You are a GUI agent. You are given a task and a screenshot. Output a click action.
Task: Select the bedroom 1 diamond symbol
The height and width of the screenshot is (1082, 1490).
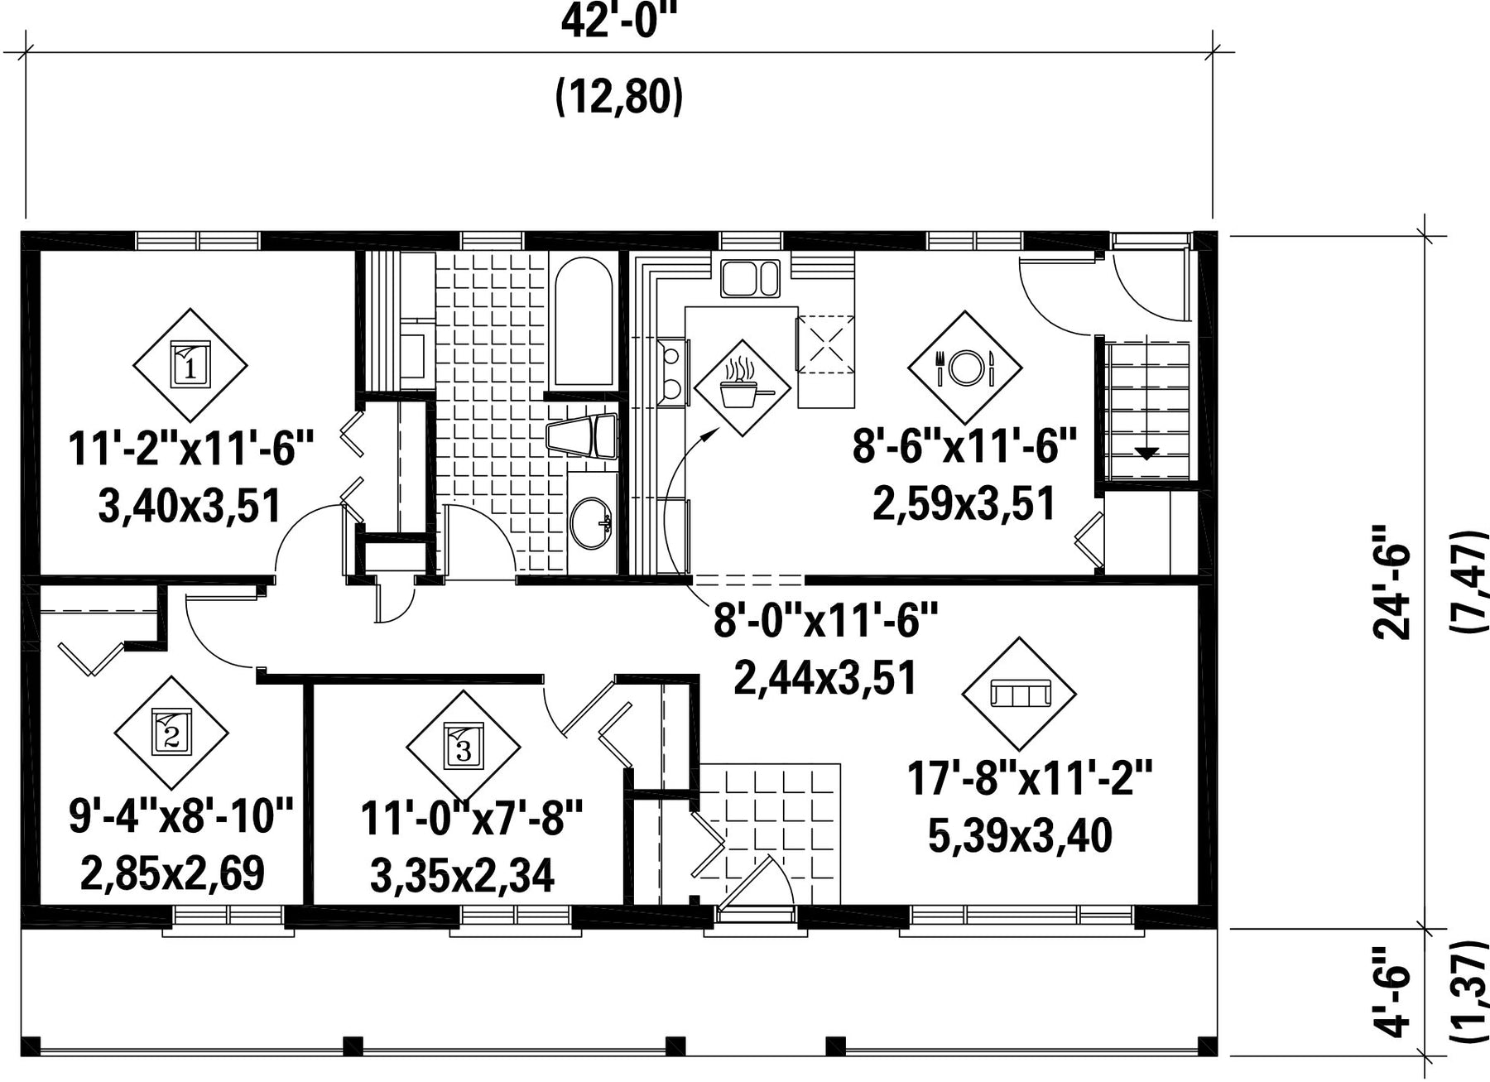click(190, 365)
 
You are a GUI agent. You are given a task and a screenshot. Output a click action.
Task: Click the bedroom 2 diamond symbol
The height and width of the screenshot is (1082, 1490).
click(171, 733)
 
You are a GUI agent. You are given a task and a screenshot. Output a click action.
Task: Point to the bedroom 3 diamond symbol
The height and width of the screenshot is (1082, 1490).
click(463, 748)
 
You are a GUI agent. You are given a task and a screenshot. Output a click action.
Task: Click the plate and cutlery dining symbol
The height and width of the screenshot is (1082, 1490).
click(965, 367)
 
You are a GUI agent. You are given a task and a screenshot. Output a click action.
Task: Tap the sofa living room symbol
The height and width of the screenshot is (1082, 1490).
click(1019, 693)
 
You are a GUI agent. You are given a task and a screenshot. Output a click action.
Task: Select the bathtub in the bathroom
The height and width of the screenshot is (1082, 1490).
click(584, 323)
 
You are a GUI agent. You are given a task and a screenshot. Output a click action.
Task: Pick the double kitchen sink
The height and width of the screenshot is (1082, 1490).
click(750, 278)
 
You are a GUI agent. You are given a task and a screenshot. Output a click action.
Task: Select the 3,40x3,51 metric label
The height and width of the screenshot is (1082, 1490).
click(190, 506)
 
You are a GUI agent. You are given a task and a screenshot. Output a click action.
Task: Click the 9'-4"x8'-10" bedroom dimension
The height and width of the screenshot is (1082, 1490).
click(181, 815)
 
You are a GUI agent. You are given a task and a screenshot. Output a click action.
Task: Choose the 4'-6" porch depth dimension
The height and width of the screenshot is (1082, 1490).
click(1392, 1003)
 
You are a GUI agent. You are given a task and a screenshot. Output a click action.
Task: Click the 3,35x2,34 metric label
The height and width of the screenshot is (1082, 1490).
click(462, 877)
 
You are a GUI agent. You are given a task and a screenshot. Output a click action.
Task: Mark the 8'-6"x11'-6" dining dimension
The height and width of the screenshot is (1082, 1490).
click(964, 448)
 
